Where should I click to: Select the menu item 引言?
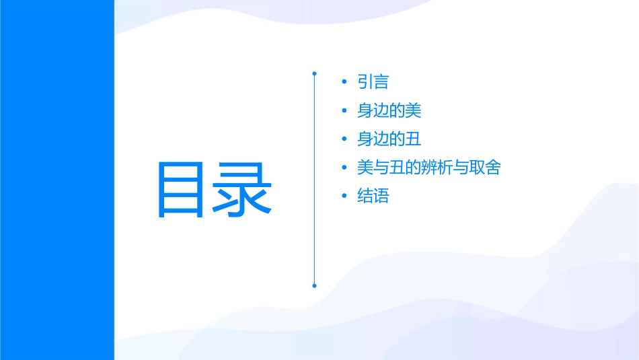click(x=373, y=82)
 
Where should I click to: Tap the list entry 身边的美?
click(x=389, y=110)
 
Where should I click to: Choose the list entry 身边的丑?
click(x=389, y=139)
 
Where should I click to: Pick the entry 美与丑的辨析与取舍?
click(x=428, y=168)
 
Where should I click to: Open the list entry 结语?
click(x=373, y=196)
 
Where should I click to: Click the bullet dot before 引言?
click(x=344, y=82)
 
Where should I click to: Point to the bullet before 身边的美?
click(x=344, y=111)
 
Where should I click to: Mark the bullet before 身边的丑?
click(x=344, y=139)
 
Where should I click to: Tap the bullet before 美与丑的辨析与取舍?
click(x=344, y=168)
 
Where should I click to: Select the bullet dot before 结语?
click(x=344, y=196)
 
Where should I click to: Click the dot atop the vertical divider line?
click(x=314, y=73)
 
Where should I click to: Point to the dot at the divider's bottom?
click(x=314, y=286)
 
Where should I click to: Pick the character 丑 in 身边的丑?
click(x=413, y=139)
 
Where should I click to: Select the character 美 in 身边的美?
click(x=413, y=110)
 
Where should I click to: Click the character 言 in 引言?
click(x=381, y=82)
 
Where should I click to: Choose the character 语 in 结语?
click(x=381, y=196)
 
